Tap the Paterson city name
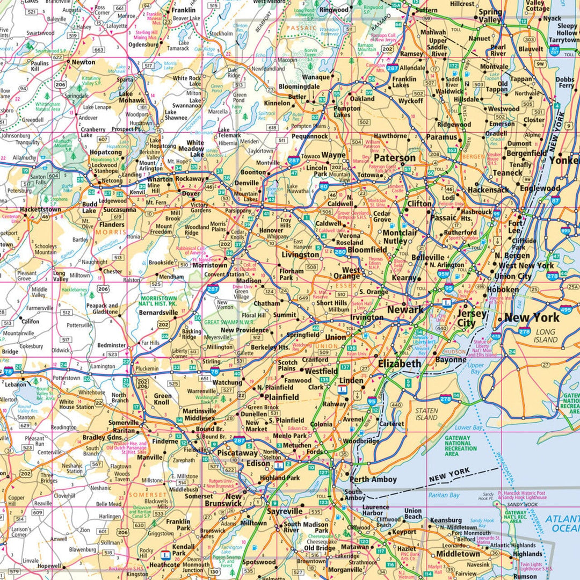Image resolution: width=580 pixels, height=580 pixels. (395, 158)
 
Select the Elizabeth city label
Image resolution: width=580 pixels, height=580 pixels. (400, 364)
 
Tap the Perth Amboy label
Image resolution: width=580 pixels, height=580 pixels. (373, 480)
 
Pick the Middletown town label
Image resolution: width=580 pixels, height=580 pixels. (458, 554)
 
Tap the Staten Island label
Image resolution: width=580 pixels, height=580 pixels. (426, 414)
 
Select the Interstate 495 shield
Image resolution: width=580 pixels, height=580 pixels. (565, 310)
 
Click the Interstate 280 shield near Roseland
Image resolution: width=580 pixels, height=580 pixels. (339, 251)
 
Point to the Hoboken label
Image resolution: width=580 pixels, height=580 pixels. (503, 289)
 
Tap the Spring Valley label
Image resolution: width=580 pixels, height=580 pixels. (490, 16)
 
